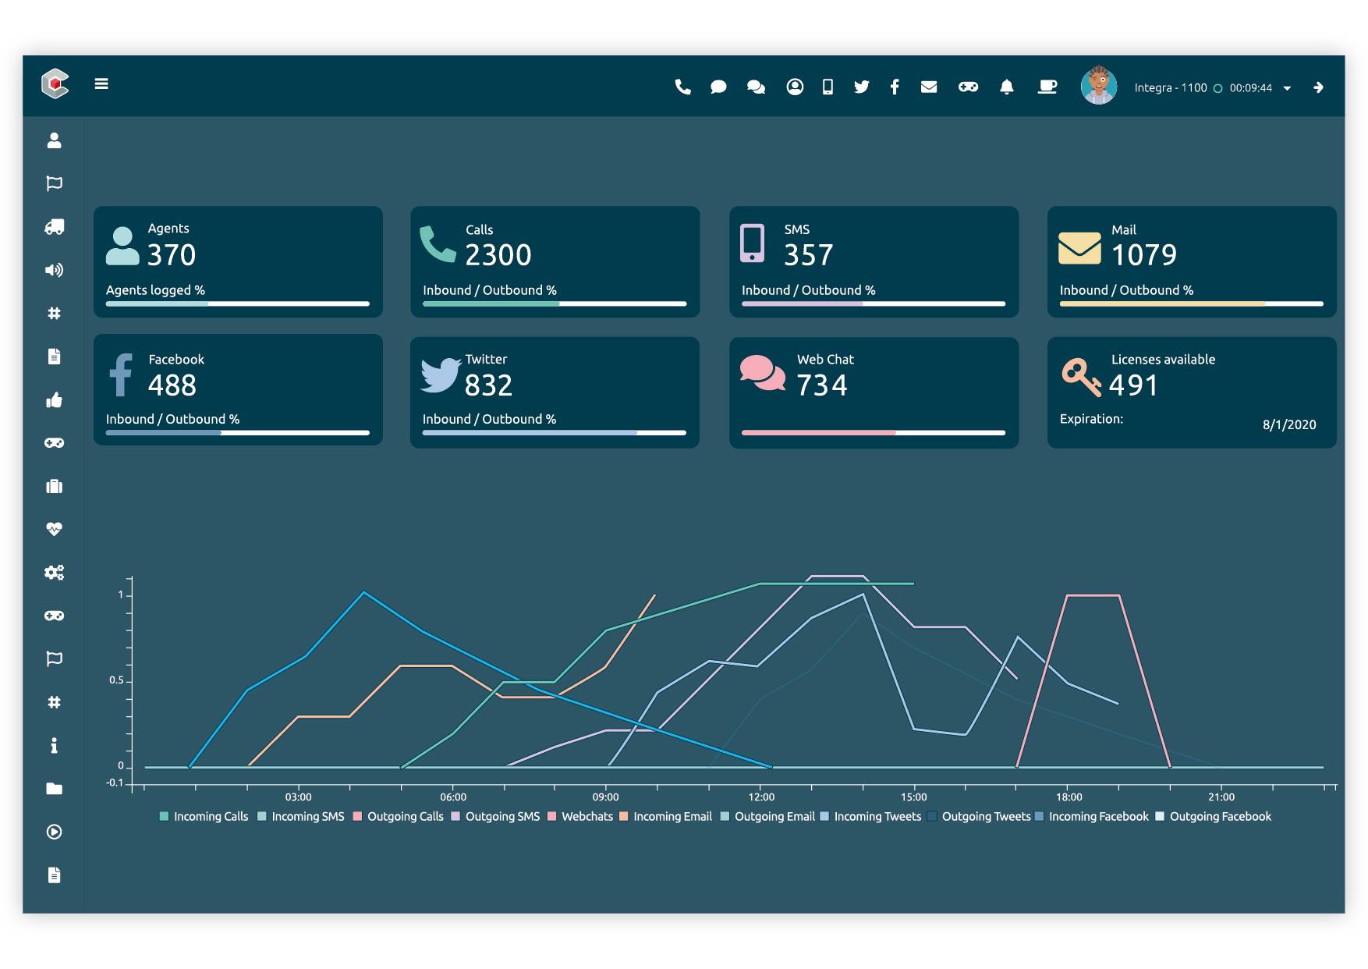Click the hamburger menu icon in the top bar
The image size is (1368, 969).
pyautogui.click(x=101, y=84)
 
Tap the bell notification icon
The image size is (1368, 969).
pyautogui.click(x=1007, y=87)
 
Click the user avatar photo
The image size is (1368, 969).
pyautogui.click(x=1098, y=86)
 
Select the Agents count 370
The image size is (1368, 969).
pyautogui.click(x=172, y=255)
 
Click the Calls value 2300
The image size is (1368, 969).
pyautogui.click(x=498, y=255)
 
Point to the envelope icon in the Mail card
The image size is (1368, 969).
pyautogui.click(x=1079, y=248)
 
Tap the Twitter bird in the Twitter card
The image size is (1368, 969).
pyautogui.click(x=441, y=374)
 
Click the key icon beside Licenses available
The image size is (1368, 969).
pyautogui.click(x=1081, y=377)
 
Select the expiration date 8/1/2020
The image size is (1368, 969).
pyautogui.click(x=1289, y=424)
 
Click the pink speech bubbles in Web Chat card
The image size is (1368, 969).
pyautogui.click(x=762, y=373)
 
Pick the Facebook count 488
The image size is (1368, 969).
pyautogui.click(x=172, y=385)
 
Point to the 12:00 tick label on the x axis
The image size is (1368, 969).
pyautogui.click(x=761, y=797)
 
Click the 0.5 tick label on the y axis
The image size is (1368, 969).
pyautogui.click(x=116, y=680)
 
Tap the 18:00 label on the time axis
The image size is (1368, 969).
pyautogui.click(x=1069, y=797)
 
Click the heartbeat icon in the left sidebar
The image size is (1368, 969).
pyautogui.click(x=54, y=529)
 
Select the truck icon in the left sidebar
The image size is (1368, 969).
pyautogui.click(x=54, y=227)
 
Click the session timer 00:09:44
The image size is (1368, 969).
pyautogui.click(x=1250, y=88)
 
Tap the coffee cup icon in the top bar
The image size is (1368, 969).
pyautogui.click(x=1047, y=87)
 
